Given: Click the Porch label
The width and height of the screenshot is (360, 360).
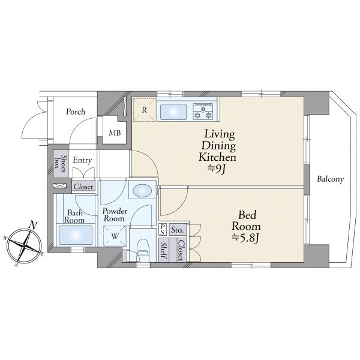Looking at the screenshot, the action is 76,112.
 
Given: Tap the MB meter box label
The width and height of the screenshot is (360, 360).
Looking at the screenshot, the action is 115,133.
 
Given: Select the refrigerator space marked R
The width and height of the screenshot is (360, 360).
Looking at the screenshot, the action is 144,110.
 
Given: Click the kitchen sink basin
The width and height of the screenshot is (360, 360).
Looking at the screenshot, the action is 173,112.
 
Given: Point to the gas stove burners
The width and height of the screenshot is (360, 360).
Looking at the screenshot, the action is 203,112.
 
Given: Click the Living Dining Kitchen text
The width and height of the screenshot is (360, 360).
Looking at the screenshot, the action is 217,146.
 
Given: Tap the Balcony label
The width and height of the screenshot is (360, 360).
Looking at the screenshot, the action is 331,179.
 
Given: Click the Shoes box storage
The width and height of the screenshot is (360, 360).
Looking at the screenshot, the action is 61,163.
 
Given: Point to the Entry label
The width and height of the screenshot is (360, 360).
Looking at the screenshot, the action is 82,160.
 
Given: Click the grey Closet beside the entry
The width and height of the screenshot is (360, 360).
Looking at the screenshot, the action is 83,187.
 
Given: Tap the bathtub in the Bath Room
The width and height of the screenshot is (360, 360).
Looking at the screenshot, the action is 76,235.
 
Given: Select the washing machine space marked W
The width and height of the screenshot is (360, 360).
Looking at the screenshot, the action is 115,236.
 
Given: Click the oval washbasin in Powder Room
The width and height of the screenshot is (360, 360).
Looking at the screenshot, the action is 142,191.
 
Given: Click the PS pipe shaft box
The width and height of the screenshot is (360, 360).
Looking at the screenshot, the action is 163,230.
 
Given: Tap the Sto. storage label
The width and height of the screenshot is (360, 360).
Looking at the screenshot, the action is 178,230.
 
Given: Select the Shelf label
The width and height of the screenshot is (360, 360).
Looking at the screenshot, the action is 163,250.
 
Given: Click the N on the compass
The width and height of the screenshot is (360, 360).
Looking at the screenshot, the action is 33,225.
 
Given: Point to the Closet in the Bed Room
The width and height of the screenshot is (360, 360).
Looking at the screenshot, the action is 181,250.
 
